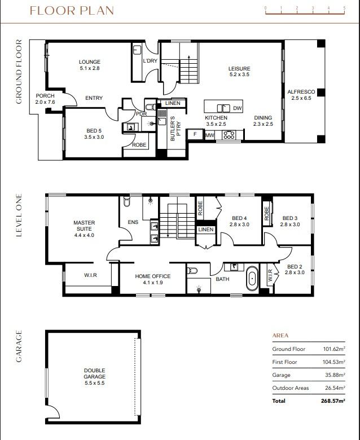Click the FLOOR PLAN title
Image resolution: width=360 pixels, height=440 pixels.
pos(71,11)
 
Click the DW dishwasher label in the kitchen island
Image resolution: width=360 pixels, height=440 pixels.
pos(237,108)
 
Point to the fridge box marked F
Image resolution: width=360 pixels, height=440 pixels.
pos(195,135)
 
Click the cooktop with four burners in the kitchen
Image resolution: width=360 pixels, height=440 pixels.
pos(229,135)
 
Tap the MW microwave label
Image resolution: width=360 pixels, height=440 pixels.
pos(209,135)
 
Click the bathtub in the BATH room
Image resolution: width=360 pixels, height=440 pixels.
pos(252,279)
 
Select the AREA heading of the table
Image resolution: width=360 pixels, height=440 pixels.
pos(280,335)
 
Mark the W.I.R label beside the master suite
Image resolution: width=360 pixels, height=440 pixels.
pos(76,276)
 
